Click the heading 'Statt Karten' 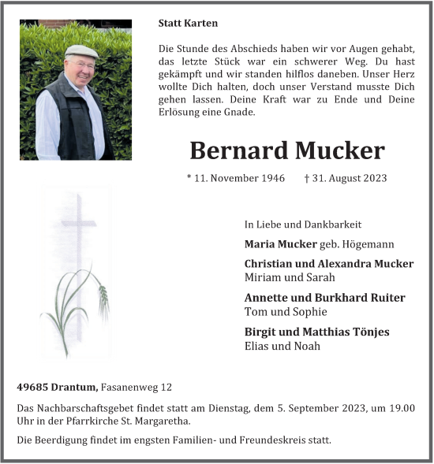coord(188,24)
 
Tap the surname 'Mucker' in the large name coord(340,150)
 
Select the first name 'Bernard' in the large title coord(238,150)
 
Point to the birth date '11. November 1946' coord(236,178)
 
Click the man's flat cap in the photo coord(81,52)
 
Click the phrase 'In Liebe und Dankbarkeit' coord(303,225)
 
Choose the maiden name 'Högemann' coord(368,244)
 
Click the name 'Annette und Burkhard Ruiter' coord(324,298)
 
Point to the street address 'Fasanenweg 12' coord(136,387)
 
